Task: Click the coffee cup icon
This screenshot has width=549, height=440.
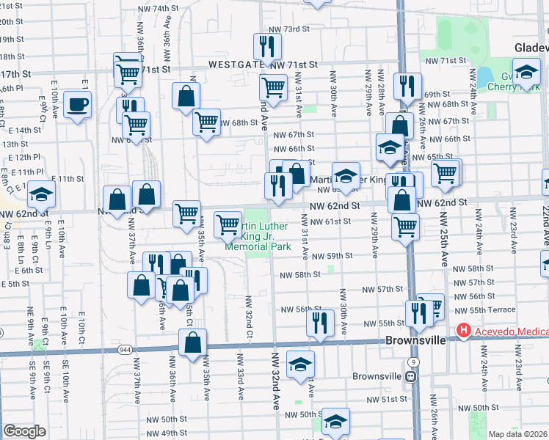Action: (x=77, y=104)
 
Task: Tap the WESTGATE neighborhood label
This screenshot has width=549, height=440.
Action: (x=236, y=65)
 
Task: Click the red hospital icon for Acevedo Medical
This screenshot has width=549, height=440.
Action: (x=463, y=331)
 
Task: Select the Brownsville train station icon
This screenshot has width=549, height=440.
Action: (x=412, y=376)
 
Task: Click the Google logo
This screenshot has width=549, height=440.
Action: (x=24, y=431)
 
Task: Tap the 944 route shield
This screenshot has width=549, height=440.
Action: (x=124, y=351)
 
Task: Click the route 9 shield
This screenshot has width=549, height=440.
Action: (x=415, y=362)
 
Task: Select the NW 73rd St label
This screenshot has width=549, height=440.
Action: (x=290, y=29)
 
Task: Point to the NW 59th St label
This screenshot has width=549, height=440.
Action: (x=332, y=256)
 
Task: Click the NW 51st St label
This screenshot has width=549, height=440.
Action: (x=389, y=399)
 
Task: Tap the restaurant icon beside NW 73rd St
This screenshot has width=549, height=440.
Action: (x=266, y=48)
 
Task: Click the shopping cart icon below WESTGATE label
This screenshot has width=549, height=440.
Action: (x=273, y=87)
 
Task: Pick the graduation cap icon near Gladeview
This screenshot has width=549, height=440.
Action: (x=526, y=73)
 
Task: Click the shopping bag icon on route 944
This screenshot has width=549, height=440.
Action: (x=192, y=342)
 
